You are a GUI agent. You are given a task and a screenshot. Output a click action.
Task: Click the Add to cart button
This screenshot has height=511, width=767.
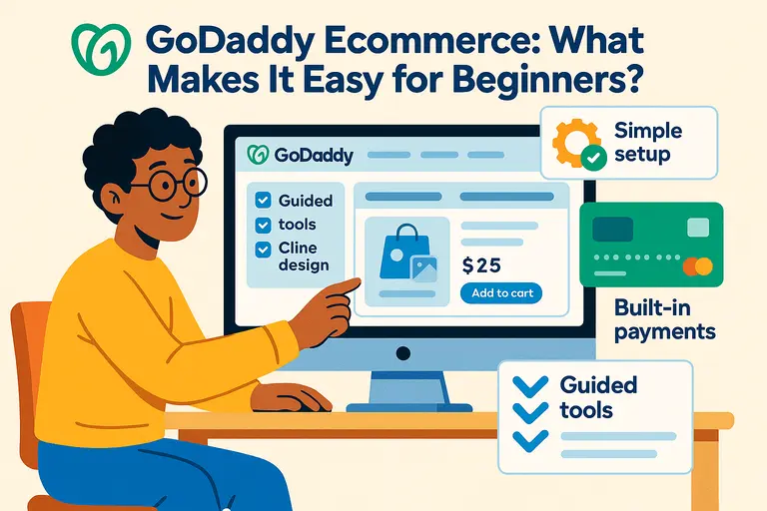pos(501,293)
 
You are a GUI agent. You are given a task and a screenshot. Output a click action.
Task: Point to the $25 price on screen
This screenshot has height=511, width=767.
pos(482,265)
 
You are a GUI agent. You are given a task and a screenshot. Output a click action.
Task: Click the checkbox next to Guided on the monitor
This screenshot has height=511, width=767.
pos(263,200)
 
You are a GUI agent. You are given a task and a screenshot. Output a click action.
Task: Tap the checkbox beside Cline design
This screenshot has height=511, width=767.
pos(263,249)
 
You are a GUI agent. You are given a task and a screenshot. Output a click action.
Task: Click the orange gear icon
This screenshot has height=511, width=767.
pos(575,145)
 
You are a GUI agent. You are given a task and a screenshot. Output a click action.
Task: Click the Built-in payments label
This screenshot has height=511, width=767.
pos(649,319)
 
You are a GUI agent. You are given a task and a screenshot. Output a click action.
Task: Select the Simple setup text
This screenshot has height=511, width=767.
pos(647,143)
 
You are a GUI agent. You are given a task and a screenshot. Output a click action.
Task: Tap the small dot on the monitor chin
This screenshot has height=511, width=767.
pos(403,352)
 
